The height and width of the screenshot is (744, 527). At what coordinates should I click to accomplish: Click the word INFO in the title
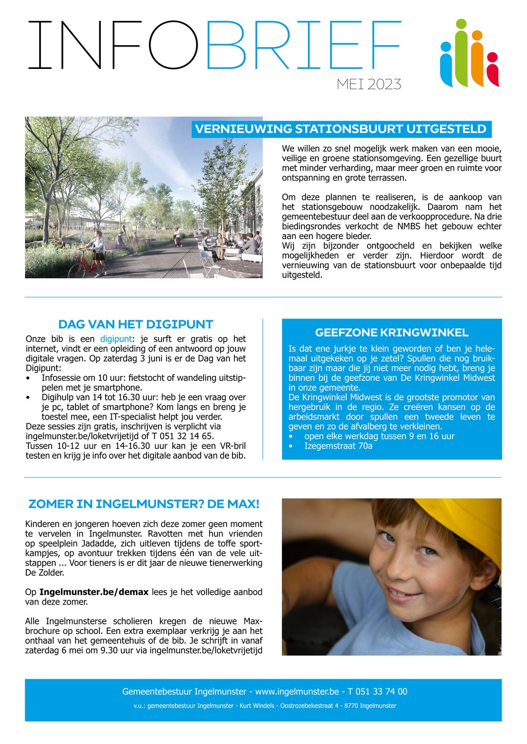tap(113, 45)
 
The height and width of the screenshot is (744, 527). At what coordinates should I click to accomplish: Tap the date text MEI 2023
tap(369, 84)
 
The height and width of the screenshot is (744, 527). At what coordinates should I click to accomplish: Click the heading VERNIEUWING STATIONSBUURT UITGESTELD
tap(341, 129)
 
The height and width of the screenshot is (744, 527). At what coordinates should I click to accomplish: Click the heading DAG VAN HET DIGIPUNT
tap(136, 324)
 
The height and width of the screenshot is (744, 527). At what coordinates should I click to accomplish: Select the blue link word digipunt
tap(116, 339)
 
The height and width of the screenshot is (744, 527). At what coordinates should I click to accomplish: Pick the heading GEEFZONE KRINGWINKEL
tap(391, 333)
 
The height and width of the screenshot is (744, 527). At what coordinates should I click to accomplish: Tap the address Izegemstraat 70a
tap(338, 446)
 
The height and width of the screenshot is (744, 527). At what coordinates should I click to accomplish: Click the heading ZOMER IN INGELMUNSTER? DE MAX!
tap(144, 504)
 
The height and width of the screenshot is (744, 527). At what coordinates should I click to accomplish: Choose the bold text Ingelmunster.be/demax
tap(94, 592)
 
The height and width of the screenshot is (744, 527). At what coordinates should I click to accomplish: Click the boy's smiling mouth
tap(402, 593)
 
